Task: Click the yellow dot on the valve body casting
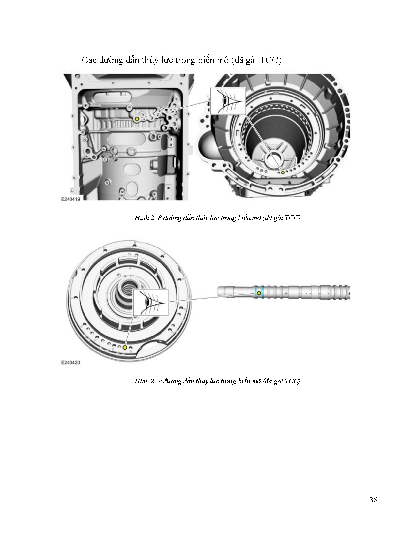[137, 119]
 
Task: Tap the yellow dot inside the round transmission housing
[283, 172]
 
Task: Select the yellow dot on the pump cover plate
[125, 347]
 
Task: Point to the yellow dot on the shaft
[259, 293]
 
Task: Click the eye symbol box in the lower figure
[151, 302]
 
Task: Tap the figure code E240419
[70, 199]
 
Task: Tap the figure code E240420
[70, 363]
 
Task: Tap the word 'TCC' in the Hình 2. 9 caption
[292, 381]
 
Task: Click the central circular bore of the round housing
[274, 159]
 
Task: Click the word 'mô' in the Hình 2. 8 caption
[256, 218]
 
